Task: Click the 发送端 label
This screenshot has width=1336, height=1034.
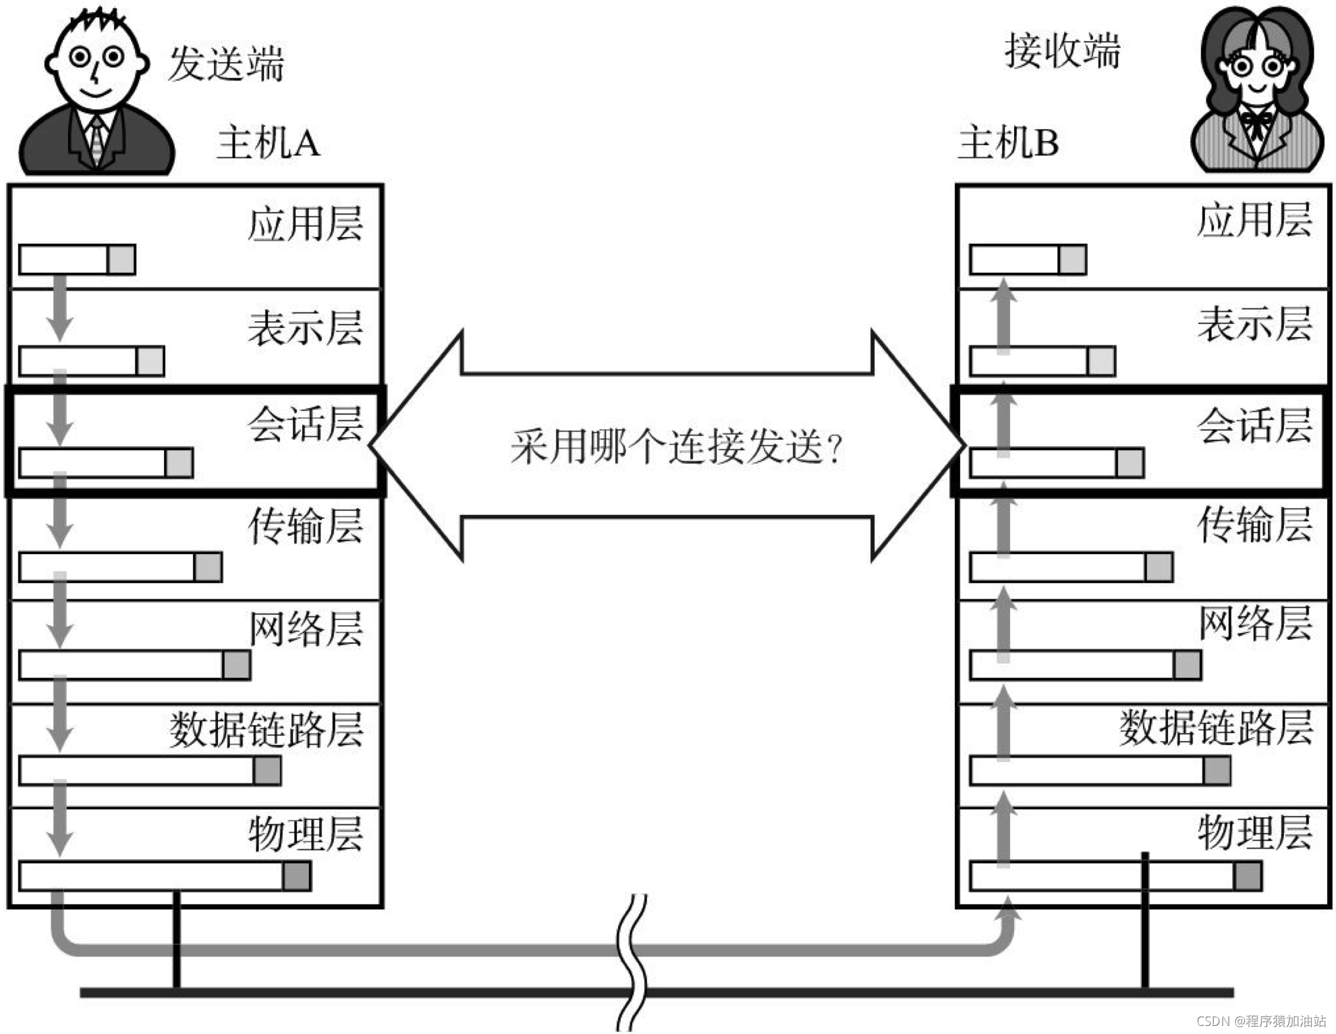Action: point(225,64)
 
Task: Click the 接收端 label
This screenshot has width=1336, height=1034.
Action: point(1062,51)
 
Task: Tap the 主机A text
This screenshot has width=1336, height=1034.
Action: point(268,143)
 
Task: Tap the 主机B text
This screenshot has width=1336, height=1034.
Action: point(1008,143)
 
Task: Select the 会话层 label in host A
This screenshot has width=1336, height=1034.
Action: point(305,425)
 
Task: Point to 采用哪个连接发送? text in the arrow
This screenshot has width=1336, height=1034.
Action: point(676,447)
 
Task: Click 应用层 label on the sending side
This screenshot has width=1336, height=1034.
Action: point(305,224)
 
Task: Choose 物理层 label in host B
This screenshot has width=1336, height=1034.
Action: point(1254,833)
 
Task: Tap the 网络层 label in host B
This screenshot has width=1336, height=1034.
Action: point(1254,624)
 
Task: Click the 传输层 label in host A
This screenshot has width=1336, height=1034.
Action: point(305,526)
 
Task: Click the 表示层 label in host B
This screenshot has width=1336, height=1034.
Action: point(1254,325)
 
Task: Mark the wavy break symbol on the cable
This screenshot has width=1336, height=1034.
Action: point(632,962)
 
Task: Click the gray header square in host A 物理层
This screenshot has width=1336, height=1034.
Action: point(297,876)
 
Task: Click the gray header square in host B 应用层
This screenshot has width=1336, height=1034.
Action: point(1072,260)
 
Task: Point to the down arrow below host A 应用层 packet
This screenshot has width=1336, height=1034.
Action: point(60,307)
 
